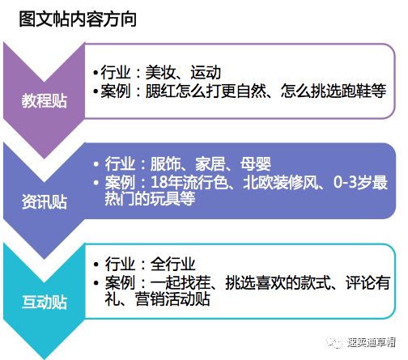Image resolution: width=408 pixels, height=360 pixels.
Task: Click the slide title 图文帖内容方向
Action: [78, 19]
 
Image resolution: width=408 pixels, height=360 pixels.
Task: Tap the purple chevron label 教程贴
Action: [45, 101]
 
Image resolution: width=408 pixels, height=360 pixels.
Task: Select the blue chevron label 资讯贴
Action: [45, 201]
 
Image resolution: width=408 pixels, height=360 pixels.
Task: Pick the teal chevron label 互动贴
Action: [45, 302]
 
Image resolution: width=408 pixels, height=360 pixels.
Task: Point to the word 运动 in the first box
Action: [206, 72]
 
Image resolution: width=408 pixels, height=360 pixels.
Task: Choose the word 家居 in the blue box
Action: [210, 163]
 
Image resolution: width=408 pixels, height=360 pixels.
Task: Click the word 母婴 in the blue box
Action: [256, 163]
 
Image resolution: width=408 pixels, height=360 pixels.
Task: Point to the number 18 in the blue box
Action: [159, 182]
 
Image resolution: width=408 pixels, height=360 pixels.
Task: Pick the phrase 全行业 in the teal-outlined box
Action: [173, 264]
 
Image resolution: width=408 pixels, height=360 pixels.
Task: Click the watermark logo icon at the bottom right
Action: [334, 343]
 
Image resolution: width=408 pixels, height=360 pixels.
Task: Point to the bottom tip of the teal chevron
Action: [45, 358]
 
